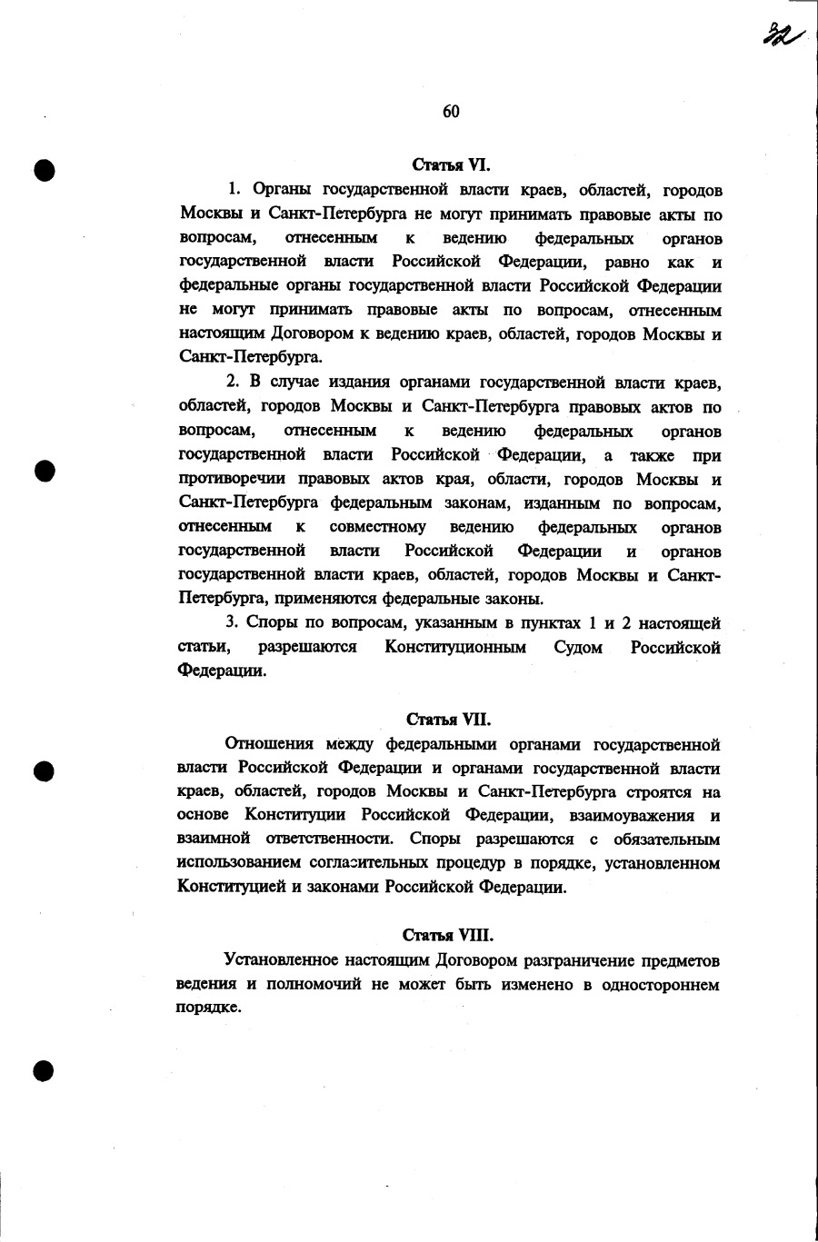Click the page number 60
pos(451,112)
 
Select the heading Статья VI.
pos(451,165)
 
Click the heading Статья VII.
pos(449,720)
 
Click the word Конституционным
pos(455,648)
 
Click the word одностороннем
pos(661,985)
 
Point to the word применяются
pos(323,599)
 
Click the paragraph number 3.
pos(231,623)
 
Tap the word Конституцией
pos(232,888)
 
